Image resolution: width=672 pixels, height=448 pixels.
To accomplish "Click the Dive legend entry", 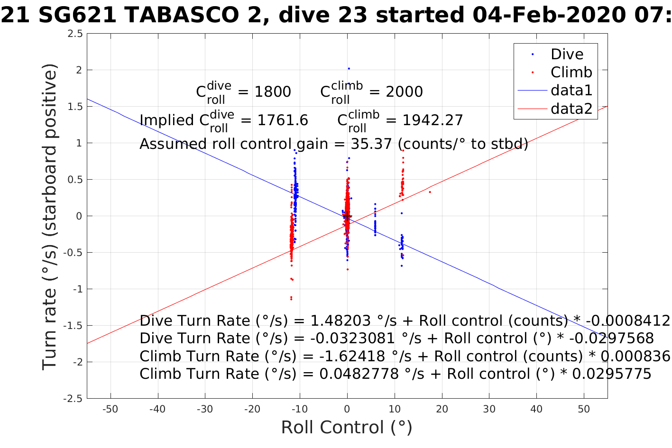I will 567,54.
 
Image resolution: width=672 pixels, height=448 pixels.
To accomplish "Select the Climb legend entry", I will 571,72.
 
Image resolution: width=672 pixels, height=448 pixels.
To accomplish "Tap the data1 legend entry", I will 571,90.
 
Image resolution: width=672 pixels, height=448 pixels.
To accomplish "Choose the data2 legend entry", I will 571,109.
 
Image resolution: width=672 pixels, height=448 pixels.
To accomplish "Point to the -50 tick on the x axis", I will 110,409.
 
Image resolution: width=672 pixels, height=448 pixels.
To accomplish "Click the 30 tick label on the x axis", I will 489,409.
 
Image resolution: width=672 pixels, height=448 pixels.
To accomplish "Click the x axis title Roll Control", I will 347,428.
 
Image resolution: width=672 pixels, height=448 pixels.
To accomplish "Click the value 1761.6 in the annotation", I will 283,120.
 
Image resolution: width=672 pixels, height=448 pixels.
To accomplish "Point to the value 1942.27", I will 433,120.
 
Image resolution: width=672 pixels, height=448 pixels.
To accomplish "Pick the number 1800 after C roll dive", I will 273,92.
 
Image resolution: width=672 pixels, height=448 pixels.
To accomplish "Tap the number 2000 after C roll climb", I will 404,92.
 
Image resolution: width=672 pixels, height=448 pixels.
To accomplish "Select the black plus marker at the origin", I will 348,216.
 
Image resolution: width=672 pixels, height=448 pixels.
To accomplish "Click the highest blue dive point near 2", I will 349,69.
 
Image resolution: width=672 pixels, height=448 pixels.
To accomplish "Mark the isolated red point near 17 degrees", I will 430,192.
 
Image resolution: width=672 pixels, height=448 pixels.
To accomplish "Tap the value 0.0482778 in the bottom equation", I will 359,374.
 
